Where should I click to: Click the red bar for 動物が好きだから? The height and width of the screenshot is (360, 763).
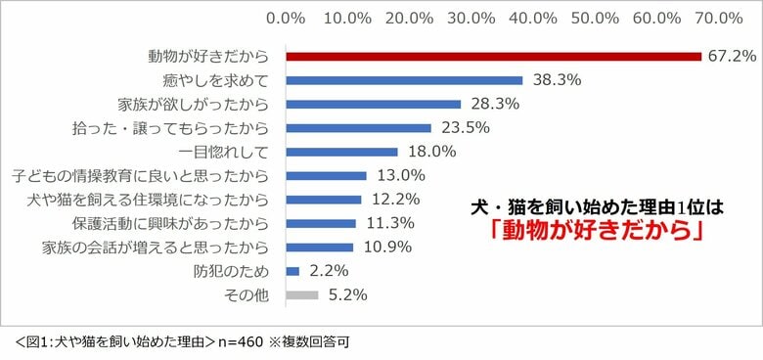494,57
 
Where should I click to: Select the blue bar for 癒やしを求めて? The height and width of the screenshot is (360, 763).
404,80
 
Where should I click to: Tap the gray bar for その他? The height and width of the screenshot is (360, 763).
302,293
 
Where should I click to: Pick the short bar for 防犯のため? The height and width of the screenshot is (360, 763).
292,270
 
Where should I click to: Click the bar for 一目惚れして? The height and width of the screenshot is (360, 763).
341,152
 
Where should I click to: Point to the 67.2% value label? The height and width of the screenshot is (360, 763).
731,57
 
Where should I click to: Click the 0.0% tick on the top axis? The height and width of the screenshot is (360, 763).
286,18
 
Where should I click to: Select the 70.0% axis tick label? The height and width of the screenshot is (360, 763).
718,18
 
